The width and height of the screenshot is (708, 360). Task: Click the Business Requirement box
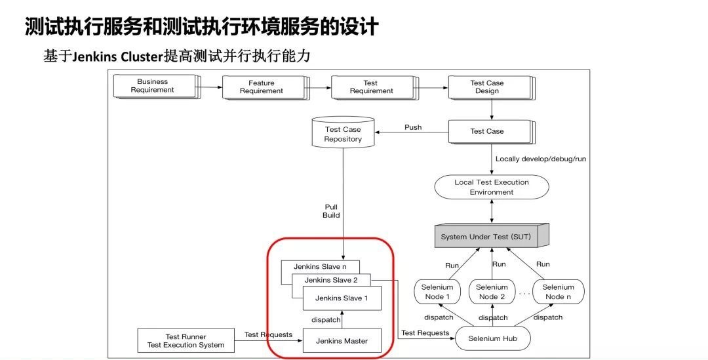[x=153, y=86]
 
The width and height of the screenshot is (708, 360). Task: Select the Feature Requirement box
[x=262, y=87]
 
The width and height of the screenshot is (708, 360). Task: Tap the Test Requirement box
[x=371, y=87]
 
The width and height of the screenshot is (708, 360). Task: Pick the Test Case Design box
[x=488, y=87]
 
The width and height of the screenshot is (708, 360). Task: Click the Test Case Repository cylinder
[x=343, y=134]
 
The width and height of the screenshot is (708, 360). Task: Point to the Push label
[x=413, y=127]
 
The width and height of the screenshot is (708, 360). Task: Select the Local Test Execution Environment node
[x=491, y=187]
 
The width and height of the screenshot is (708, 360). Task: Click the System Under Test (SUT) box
[x=490, y=236]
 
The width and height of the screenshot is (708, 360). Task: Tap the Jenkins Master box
[x=342, y=341]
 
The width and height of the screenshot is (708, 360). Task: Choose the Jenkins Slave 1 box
[x=342, y=298]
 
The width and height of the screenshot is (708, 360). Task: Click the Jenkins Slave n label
[x=311, y=266]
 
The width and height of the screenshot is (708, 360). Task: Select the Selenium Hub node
[x=490, y=338]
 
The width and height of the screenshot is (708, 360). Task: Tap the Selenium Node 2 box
[x=491, y=292]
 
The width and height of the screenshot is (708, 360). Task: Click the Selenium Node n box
[x=558, y=292]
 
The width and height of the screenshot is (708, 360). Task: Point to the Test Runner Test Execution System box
[x=186, y=340]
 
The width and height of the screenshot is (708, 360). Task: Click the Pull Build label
[x=331, y=211]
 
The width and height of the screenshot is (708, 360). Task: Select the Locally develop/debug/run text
[x=541, y=159]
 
